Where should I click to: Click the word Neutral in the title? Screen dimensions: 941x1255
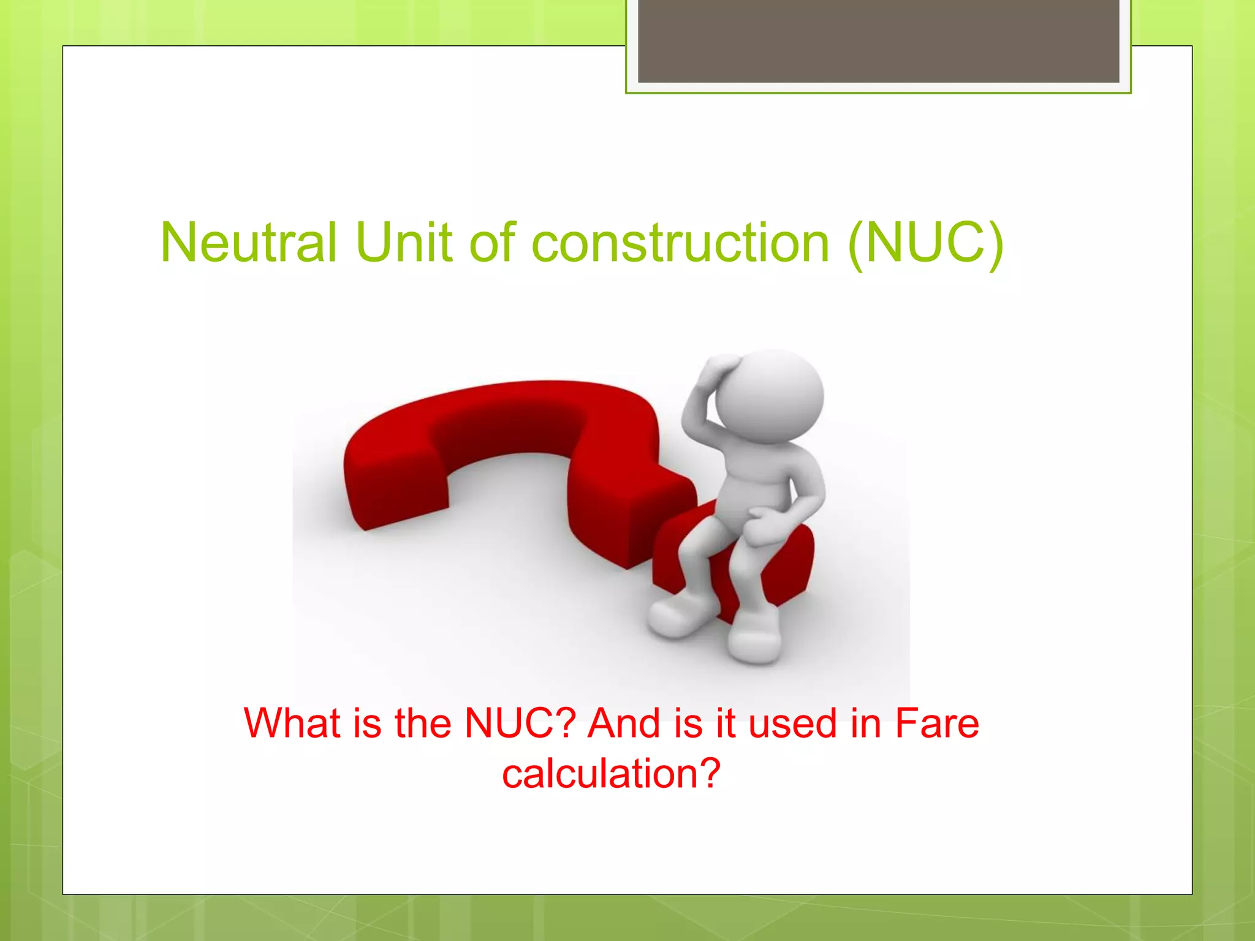click(x=248, y=243)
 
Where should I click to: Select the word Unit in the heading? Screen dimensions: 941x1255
click(x=404, y=243)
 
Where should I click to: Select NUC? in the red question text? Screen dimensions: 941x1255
click(x=520, y=723)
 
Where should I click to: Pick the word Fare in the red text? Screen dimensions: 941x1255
click(x=937, y=723)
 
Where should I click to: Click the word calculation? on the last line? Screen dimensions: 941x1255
click(x=611, y=773)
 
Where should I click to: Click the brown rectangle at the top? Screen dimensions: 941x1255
click(x=878, y=41)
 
